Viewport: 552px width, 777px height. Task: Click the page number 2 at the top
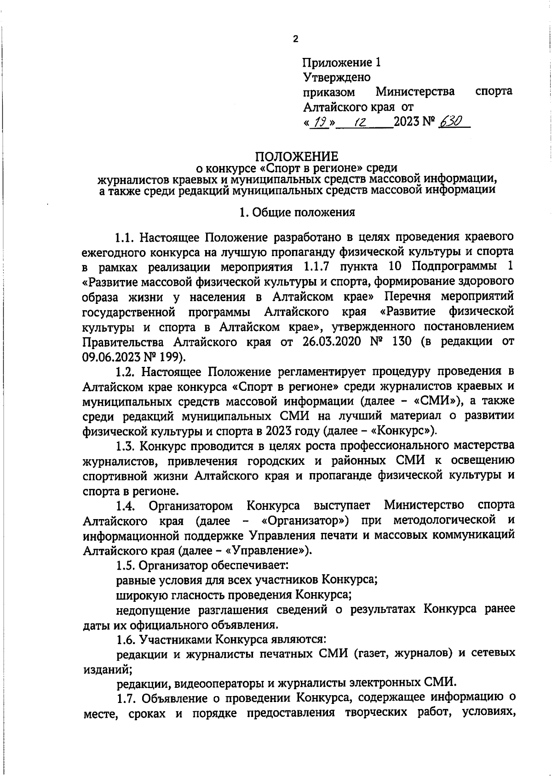click(x=295, y=40)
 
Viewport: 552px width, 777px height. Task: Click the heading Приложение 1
click(x=342, y=63)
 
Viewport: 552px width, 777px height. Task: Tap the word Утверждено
click(x=337, y=77)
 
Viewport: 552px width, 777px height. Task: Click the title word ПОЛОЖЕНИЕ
click(x=297, y=156)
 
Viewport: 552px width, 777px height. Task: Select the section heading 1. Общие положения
click(x=297, y=212)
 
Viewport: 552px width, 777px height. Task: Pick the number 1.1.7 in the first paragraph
click(x=315, y=267)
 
